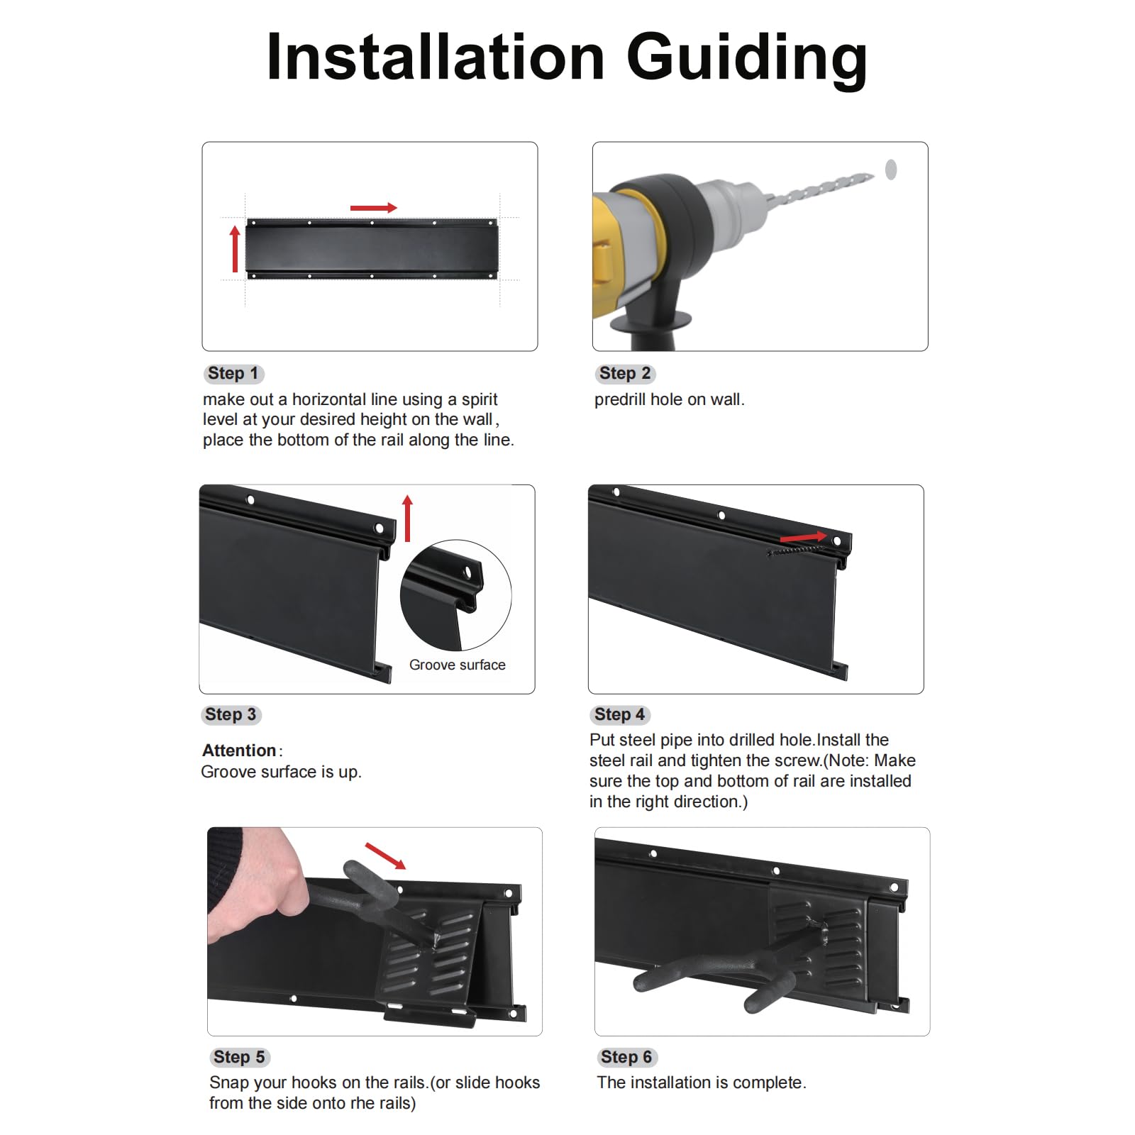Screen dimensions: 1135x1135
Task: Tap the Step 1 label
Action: (x=233, y=374)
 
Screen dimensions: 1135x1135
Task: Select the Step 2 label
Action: (x=625, y=374)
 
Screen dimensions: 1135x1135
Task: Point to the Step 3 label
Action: (x=231, y=715)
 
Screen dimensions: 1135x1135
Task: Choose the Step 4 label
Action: (x=620, y=715)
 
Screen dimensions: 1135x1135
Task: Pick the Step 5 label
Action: (x=239, y=1058)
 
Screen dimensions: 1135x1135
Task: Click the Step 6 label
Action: (x=626, y=1058)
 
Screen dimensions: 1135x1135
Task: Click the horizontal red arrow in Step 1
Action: (x=374, y=208)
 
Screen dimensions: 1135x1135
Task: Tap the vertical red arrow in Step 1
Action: (x=236, y=249)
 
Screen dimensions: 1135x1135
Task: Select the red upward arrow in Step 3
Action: (x=407, y=519)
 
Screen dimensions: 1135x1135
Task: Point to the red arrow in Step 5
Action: (x=385, y=856)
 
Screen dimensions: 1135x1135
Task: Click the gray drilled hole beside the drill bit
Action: (x=891, y=170)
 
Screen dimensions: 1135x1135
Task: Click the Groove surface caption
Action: (x=458, y=665)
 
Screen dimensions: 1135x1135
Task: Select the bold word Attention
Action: (x=239, y=751)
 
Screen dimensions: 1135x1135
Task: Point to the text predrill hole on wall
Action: (x=670, y=400)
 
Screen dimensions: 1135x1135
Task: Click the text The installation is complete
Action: (x=702, y=1083)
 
